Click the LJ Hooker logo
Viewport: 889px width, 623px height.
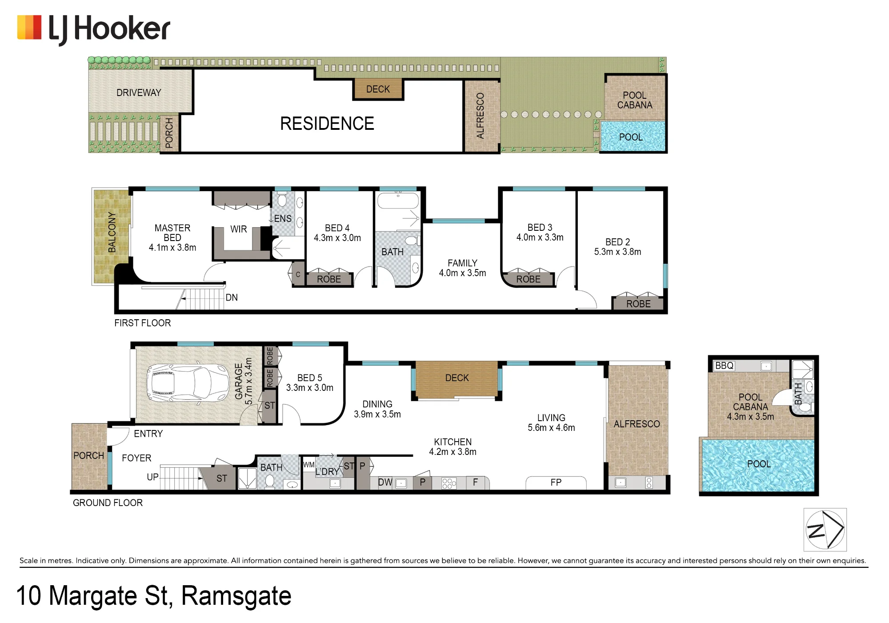click(93, 29)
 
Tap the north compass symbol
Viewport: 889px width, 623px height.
click(825, 530)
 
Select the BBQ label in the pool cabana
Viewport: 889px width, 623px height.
click(724, 366)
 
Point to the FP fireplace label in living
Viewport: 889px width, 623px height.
click(556, 482)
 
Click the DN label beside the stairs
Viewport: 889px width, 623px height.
click(232, 297)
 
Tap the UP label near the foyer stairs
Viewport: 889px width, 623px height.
click(152, 477)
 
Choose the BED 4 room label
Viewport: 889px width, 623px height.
click(337, 228)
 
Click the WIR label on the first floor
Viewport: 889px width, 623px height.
click(239, 229)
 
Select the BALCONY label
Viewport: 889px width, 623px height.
click(112, 233)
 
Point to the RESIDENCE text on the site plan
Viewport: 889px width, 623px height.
click(327, 124)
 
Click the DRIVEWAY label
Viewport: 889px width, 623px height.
click(139, 92)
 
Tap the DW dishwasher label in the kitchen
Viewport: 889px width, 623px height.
click(385, 482)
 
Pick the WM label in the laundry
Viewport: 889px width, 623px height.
click(308, 465)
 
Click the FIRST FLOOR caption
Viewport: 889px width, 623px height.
click(143, 323)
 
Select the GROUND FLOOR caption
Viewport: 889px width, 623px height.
click(108, 502)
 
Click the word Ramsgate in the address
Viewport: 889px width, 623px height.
click(236, 596)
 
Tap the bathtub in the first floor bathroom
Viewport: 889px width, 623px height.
click(398, 200)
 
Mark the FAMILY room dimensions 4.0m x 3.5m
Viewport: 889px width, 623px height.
click(462, 273)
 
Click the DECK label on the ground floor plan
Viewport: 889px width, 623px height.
click(457, 378)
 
